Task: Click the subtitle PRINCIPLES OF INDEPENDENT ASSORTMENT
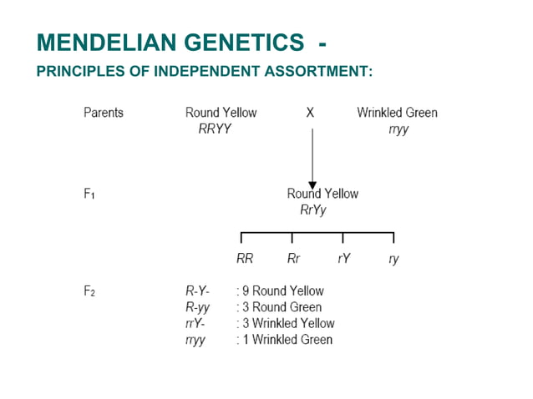point(205,71)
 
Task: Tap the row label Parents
point(104,113)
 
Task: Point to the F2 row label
point(90,291)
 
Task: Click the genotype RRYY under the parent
point(209,129)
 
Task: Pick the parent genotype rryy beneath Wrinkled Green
point(398,129)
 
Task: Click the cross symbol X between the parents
point(310,113)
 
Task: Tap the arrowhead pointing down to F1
point(312,184)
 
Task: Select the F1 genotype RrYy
point(313,210)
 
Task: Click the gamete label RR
point(245,259)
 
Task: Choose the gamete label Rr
point(293,259)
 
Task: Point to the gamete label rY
point(343,259)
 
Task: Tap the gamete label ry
point(393,260)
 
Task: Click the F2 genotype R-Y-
point(197,291)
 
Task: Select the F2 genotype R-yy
point(197,307)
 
